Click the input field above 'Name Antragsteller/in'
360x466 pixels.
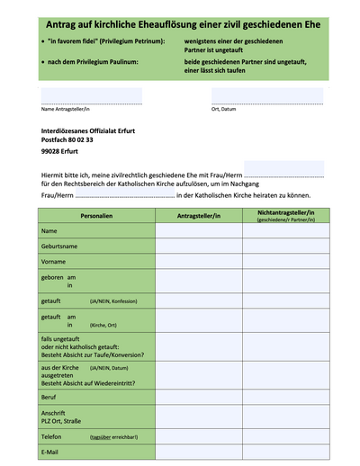pyautogui.click(x=91, y=95)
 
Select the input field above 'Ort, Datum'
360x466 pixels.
pyautogui.click(x=267, y=95)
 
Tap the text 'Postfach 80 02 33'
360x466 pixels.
pyautogui.click(x=67, y=139)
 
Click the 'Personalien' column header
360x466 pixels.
pyautogui.click(x=96, y=216)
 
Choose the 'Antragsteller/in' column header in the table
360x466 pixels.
pyautogui.click(x=199, y=216)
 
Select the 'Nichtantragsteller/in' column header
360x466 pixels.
pyautogui.click(x=284, y=216)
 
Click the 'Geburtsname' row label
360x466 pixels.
pyautogui.click(x=59, y=246)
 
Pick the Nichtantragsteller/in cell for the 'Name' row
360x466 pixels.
pyautogui.click(x=284, y=231)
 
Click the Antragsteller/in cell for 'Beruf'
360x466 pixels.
pyautogui.click(x=199, y=397)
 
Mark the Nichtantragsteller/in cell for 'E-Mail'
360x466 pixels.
pyautogui.click(x=284, y=452)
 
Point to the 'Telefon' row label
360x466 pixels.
pyautogui.click(x=56, y=435)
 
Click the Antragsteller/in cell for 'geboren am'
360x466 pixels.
pyautogui.click(x=199, y=281)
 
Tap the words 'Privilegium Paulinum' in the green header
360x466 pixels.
pyautogui.click(x=103, y=60)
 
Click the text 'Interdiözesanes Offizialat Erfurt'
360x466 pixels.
pyautogui.click(x=88, y=130)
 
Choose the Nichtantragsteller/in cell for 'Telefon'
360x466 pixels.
pyautogui.click(x=284, y=435)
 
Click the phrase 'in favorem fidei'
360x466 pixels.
pyautogui.click(x=83, y=41)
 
